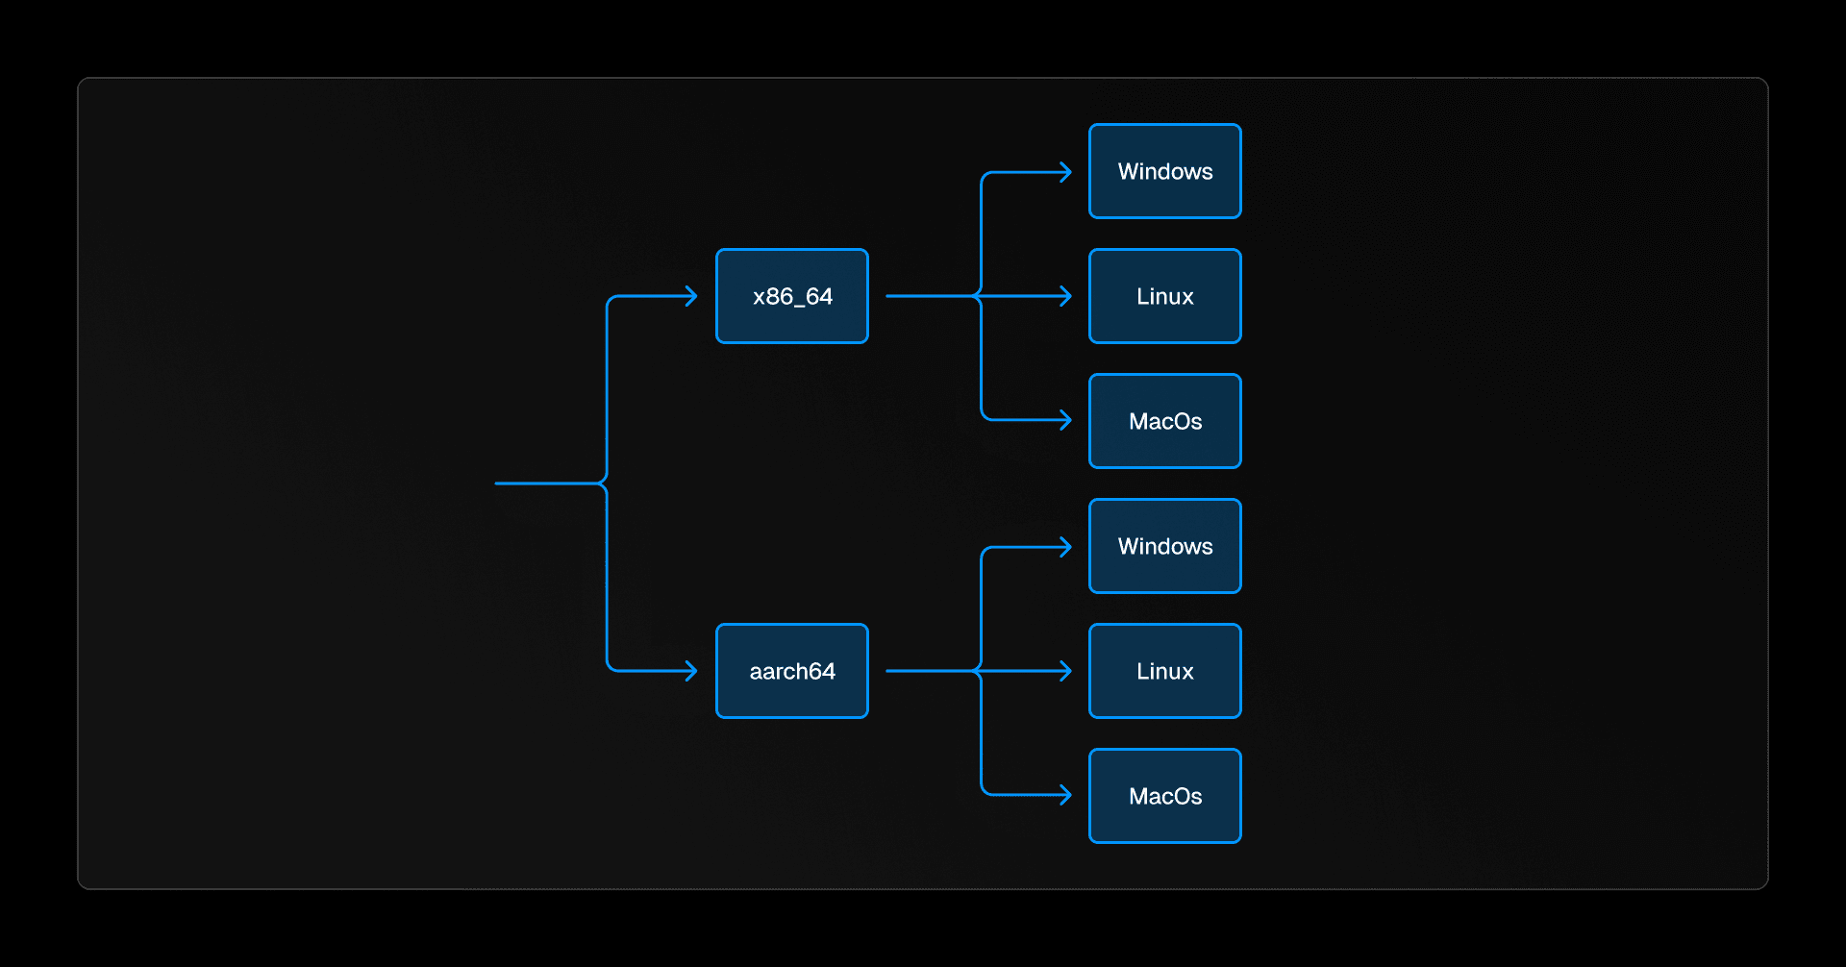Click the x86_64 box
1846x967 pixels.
[792, 296]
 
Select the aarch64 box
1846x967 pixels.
[792, 671]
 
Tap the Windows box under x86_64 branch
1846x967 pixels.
[1165, 171]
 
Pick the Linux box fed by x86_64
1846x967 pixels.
[1165, 296]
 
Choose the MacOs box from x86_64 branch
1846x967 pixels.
[1165, 421]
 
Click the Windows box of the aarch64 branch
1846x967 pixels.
[1165, 546]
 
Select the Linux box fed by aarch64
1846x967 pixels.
[1165, 671]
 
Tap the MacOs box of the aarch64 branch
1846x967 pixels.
[1165, 796]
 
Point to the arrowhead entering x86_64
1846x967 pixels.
[692, 296]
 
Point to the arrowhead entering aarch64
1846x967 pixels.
[692, 671]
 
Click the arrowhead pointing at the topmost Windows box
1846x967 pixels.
[1066, 172]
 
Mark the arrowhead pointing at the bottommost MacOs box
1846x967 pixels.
[1066, 795]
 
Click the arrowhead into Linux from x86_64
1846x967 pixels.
[1066, 296]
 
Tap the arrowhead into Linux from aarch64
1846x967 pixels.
[1066, 671]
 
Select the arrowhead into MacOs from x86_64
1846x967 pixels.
[1066, 420]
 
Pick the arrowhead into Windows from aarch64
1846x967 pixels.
[1066, 547]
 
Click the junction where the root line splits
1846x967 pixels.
[606, 483]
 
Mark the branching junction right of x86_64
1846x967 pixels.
[981, 296]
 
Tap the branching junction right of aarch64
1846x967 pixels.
[981, 671]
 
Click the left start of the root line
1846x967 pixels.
[497, 483]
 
